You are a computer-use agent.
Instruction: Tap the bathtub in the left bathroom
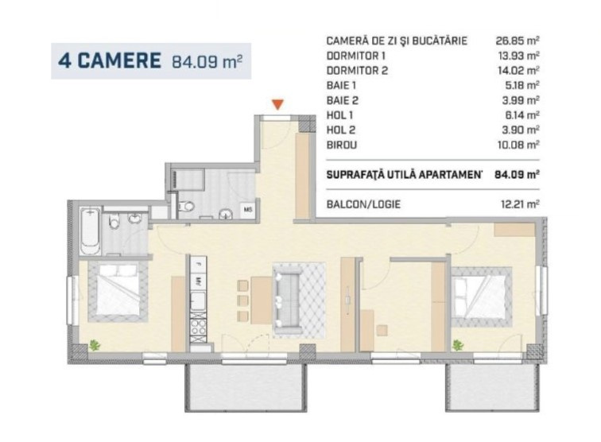(x=91, y=231)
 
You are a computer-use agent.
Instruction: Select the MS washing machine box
(x=248, y=210)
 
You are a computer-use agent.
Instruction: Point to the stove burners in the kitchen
(x=199, y=326)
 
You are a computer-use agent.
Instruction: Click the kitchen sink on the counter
(x=198, y=300)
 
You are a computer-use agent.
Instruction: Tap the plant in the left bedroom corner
(x=94, y=345)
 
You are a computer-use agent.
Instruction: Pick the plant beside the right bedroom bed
(x=457, y=345)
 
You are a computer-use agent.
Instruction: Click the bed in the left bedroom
(x=118, y=291)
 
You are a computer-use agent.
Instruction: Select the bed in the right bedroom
(x=482, y=297)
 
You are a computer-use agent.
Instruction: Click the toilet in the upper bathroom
(x=186, y=206)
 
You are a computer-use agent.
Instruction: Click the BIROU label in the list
(x=342, y=145)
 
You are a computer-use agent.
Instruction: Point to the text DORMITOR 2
(x=357, y=71)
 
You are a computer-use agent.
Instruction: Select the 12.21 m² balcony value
(x=520, y=204)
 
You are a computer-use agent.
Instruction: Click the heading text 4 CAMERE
(x=110, y=60)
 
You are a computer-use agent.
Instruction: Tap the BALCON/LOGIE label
(x=363, y=204)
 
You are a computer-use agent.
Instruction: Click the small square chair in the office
(x=382, y=330)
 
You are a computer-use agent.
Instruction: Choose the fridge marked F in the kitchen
(x=198, y=265)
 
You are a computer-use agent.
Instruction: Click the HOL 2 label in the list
(x=341, y=130)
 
